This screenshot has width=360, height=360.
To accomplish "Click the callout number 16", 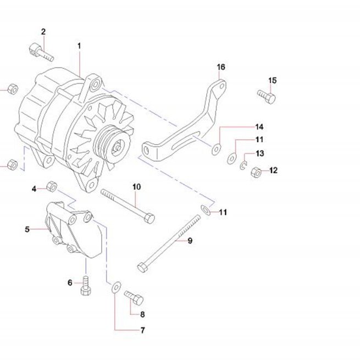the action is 221,67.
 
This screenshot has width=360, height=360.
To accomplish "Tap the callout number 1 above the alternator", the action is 79,46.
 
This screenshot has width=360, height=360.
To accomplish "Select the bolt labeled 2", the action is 41,52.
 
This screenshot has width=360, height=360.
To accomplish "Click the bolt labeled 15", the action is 267,96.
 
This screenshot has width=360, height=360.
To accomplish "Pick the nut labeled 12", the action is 256,172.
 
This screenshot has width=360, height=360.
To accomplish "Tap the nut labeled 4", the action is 52,186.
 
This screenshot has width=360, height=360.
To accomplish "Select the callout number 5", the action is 27,229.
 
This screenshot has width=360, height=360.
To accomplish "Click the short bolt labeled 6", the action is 86,285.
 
